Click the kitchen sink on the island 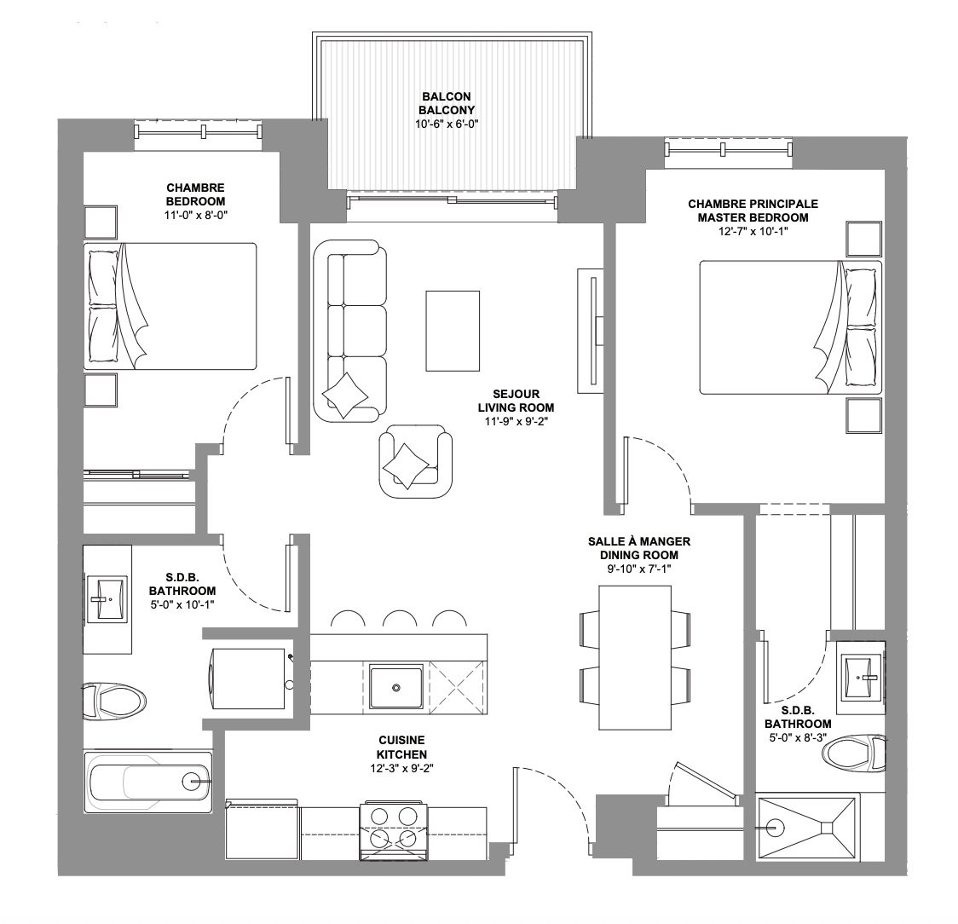click(396, 688)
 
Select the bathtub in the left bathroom click(147, 781)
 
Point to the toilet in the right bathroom click(854, 753)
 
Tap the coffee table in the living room click(452, 331)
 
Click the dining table click(635, 657)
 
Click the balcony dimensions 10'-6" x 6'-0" click(446, 124)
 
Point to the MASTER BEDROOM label click(753, 217)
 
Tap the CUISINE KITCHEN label click(401, 748)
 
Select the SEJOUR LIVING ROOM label click(516, 401)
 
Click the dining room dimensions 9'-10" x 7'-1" click(638, 569)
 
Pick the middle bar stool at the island click(400, 619)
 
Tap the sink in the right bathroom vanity click(862, 677)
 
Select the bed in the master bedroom click(791, 327)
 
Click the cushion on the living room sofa click(345, 395)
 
